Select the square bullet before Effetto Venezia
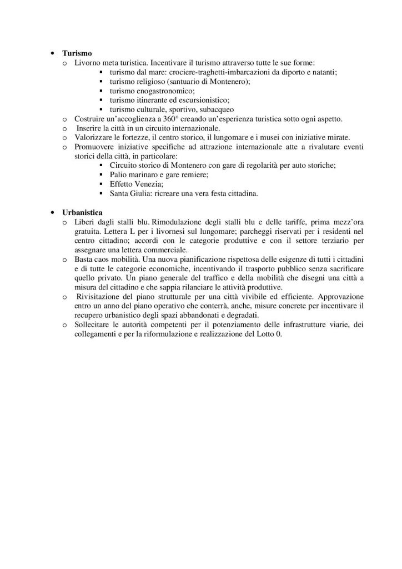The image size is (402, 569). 100,184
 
